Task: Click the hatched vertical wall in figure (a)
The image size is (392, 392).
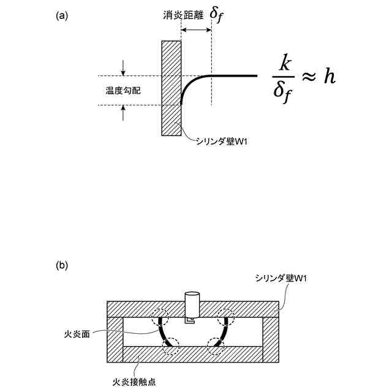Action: tap(171, 88)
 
